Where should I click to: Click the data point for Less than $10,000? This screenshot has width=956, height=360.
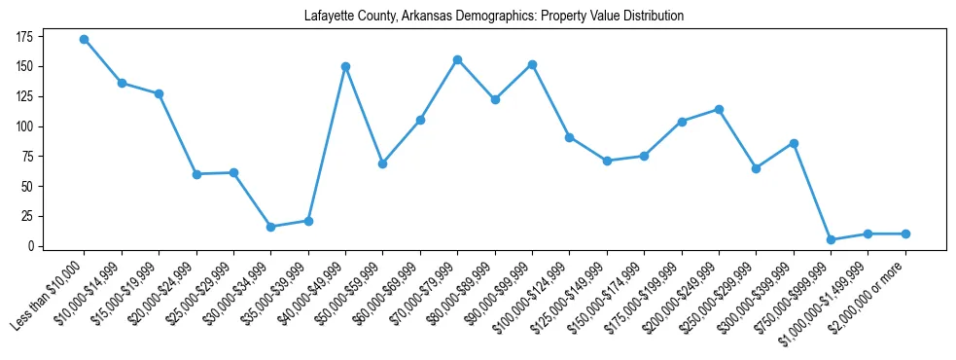pos(85,40)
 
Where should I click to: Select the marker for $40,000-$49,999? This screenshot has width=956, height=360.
pos(345,67)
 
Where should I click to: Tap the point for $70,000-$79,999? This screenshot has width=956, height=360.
pos(457,60)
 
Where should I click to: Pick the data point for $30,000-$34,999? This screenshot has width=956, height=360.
pos(270,227)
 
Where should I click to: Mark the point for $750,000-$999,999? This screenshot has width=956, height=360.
pos(831,239)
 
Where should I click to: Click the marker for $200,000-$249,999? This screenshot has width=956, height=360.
pos(719,109)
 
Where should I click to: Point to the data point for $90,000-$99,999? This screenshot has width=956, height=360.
pos(532,65)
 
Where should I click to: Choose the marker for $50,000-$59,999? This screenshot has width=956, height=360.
pos(383,163)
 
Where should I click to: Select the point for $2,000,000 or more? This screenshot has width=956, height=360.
pos(905,234)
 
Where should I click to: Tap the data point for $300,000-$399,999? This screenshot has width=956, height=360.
pos(794,143)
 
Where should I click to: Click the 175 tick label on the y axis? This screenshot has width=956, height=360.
pos(24,37)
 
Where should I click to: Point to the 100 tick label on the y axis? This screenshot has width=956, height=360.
pos(24,126)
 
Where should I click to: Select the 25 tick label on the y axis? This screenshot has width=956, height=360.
pos(27,216)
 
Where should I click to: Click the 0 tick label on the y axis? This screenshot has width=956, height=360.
pos(30,246)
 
